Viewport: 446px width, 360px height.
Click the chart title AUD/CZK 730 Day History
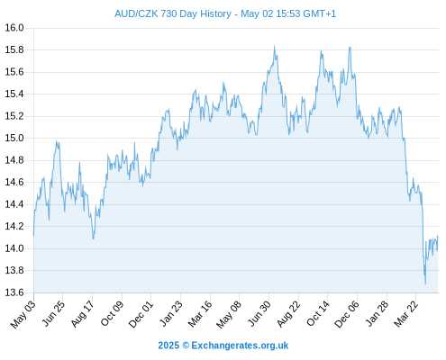coord(173,13)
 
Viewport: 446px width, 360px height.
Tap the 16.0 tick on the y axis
coord(14,28)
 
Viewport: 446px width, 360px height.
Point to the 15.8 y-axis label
coord(14,49)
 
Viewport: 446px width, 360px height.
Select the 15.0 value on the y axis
coord(14,138)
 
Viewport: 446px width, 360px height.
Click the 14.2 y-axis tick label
coord(14,226)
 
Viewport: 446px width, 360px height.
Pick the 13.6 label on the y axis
coord(14,292)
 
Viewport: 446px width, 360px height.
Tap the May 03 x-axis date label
coord(23,314)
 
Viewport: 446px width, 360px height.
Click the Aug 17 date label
coord(83,314)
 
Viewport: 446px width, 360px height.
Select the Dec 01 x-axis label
coord(141,314)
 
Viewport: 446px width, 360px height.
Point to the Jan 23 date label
coord(170,314)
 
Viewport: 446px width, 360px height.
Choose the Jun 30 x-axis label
coord(259,314)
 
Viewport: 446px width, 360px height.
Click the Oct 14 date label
coord(318,314)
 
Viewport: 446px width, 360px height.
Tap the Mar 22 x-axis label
coord(405,314)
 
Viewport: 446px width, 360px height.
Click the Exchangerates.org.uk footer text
coord(240,346)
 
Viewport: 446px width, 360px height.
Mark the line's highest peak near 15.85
coord(274,45)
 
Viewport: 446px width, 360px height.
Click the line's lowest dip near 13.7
coord(425,283)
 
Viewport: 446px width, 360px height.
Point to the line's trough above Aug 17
coord(94,238)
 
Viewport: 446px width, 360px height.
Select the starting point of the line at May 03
coord(33,236)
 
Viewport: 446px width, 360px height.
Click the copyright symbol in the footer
coord(186,346)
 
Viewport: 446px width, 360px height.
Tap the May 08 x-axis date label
coord(230,314)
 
